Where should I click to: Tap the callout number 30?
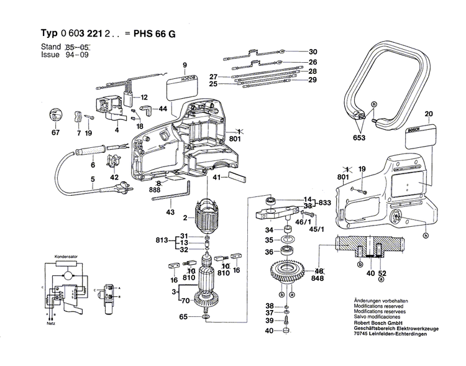pyautogui.click(x=313, y=52)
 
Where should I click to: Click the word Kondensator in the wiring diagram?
pyautogui.click(x=65, y=257)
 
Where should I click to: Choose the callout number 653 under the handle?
pyautogui.click(x=360, y=137)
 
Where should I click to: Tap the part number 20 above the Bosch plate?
pyautogui.click(x=427, y=114)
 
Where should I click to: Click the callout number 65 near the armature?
pyautogui.click(x=183, y=318)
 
